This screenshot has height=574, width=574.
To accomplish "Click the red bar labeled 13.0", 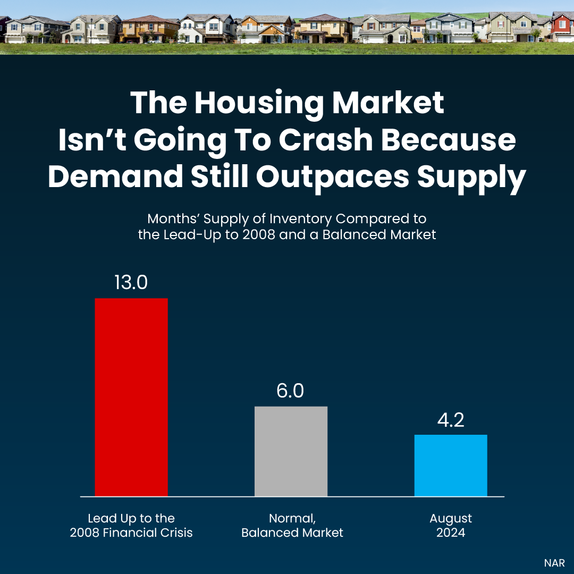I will (x=131, y=397).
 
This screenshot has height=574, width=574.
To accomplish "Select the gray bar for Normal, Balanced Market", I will (x=291, y=451).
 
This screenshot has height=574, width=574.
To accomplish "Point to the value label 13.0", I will (x=131, y=282).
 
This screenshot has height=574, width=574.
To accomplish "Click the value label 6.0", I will (x=290, y=391).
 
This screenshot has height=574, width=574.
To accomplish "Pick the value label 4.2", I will (x=451, y=419).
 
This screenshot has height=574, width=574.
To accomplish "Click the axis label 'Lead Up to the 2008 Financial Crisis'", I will (x=131, y=525).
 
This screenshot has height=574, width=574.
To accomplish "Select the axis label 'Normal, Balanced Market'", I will (x=292, y=525).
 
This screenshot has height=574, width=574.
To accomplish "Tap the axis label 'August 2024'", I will (x=451, y=525).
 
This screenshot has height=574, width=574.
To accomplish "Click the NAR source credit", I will (x=554, y=563).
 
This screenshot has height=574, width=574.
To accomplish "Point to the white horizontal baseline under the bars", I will (x=292, y=497).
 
